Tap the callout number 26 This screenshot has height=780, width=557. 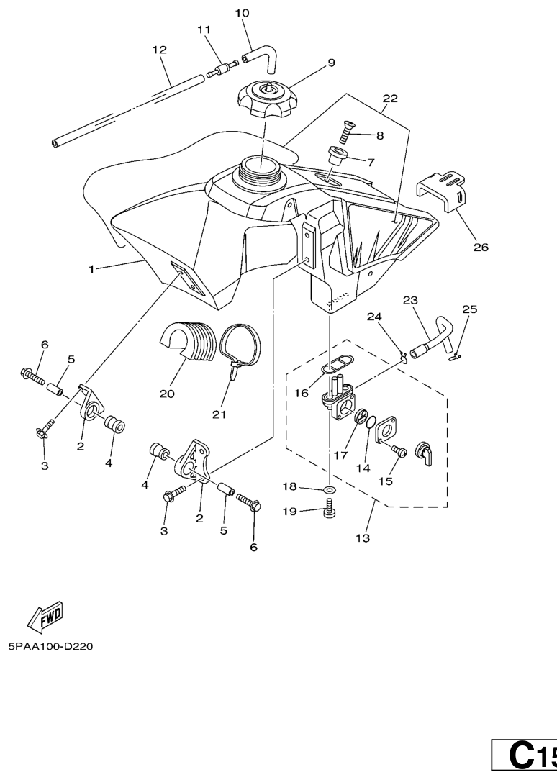point(481,248)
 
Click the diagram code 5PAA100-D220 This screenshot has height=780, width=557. point(50,646)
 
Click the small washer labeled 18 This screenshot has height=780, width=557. point(329,489)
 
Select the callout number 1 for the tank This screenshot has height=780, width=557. point(92,269)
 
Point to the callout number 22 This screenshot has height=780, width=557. point(390,98)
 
